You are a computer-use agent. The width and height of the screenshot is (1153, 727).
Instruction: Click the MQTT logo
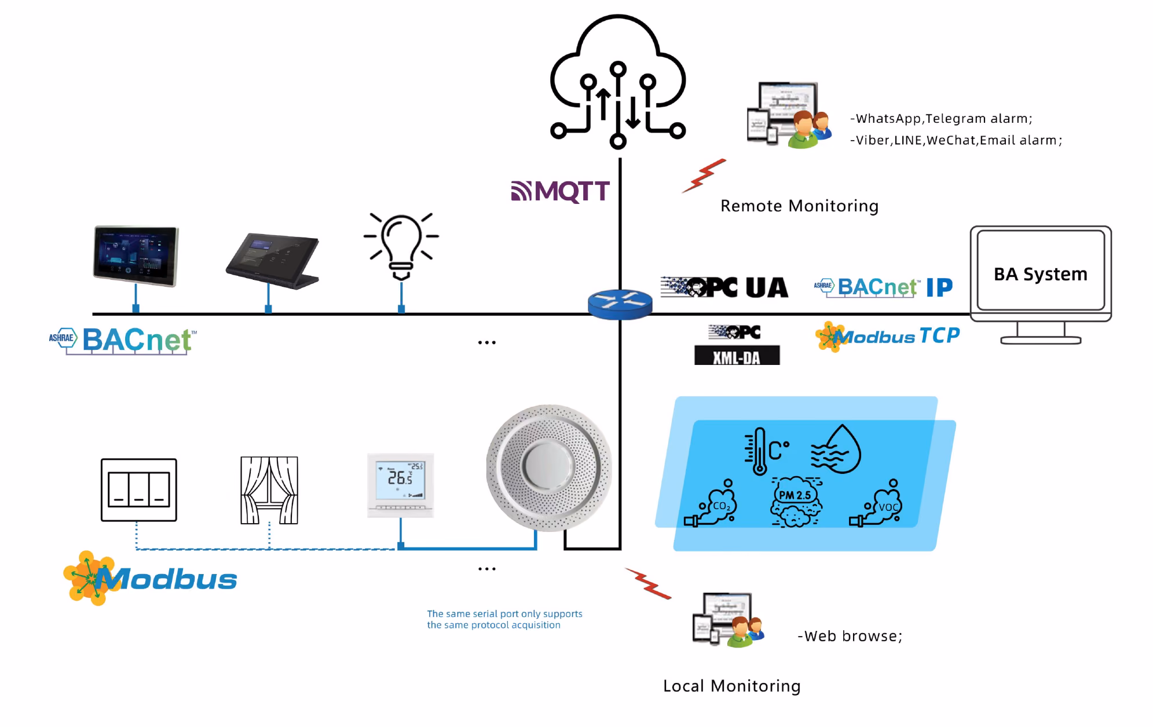pyautogui.click(x=560, y=191)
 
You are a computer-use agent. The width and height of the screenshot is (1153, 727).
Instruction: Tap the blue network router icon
pyautogui.click(x=620, y=304)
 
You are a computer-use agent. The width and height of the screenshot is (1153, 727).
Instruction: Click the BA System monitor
pyautogui.click(x=1041, y=284)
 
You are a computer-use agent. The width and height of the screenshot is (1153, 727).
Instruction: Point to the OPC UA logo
pyautogui.click(x=724, y=287)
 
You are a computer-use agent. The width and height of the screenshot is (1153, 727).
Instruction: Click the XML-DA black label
pyautogui.click(x=737, y=355)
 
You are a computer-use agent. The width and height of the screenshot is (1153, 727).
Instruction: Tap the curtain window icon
pyautogui.click(x=269, y=490)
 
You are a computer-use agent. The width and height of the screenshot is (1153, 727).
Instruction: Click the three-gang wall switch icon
pyautogui.click(x=139, y=490)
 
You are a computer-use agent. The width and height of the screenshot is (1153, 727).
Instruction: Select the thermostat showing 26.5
pyautogui.click(x=400, y=485)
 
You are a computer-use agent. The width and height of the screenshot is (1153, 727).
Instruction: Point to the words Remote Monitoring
pyautogui.click(x=799, y=206)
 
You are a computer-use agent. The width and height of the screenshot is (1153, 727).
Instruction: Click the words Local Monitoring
pyautogui.click(x=731, y=686)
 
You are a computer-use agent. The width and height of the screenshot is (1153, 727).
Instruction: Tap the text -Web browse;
pyautogui.click(x=850, y=636)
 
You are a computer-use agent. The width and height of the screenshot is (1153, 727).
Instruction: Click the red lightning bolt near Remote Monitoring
pyautogui.click(x=704, y=176)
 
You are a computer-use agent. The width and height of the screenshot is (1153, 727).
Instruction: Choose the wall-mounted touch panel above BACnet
pyautogui.click(x=136, y=256)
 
